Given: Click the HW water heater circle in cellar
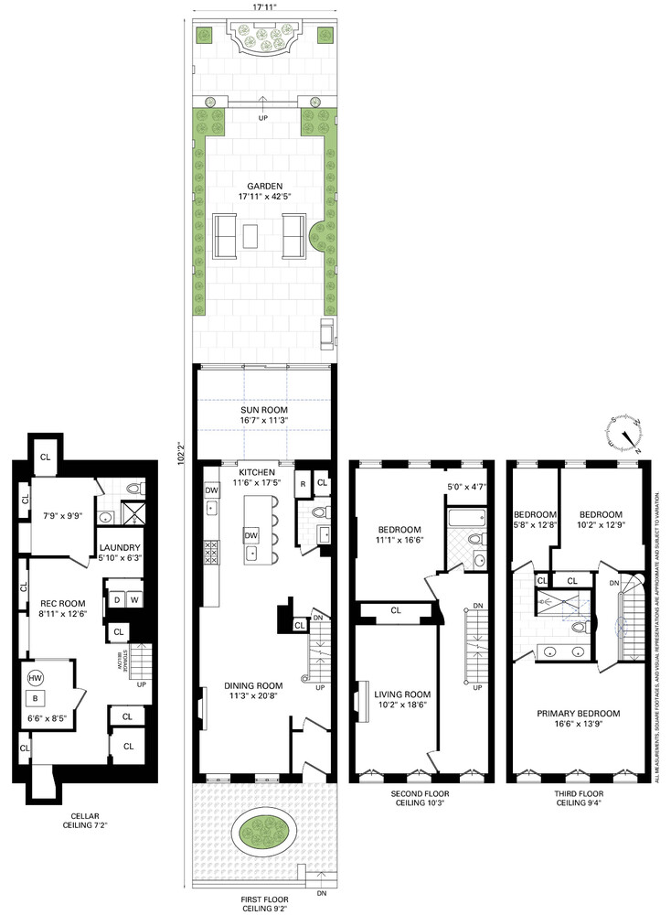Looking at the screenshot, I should (35, 678).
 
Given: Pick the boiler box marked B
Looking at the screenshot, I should (36, 698).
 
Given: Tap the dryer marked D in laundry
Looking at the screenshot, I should (117, 600).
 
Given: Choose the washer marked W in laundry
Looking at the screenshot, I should (133, 600).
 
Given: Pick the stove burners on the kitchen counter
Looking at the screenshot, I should (209, 554).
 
